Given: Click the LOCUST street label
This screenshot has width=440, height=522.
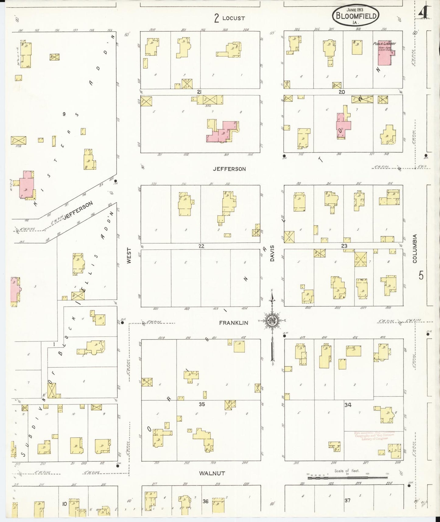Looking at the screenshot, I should pos(233,18).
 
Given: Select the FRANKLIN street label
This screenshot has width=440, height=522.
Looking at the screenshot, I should pos(234,323).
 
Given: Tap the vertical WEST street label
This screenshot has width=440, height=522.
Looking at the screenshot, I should pos(129,255).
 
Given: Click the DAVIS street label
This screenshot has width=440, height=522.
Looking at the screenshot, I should pos(273,253).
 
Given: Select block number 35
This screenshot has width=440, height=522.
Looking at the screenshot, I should pos(202,404).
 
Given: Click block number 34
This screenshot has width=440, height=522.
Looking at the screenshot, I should pos(348,405).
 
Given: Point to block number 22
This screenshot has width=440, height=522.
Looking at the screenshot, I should pos(201,246).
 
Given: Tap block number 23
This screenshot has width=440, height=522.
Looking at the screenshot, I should pos(344,246).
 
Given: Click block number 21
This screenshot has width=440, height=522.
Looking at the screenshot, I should pos(199,92).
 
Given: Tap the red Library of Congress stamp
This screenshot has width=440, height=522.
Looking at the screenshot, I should pos(374,436).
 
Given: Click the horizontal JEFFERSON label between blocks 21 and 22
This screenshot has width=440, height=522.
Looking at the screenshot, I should pos(229,169).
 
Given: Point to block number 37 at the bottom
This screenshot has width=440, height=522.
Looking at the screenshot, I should pos(347,500).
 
